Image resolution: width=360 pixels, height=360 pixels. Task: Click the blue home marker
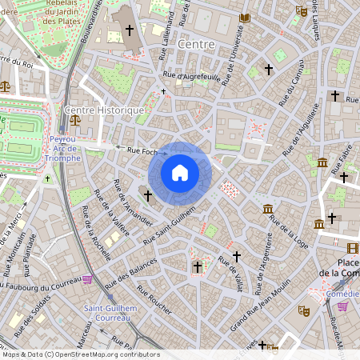[x=179, y=172]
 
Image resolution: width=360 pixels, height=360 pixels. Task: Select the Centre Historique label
[x=105, y=110]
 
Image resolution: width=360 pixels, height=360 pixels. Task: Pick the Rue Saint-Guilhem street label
[x=170, y=224]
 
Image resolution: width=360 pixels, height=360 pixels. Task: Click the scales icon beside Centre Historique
[x=75, y=120]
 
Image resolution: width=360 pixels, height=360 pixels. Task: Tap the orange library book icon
[x=245, y=18]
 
